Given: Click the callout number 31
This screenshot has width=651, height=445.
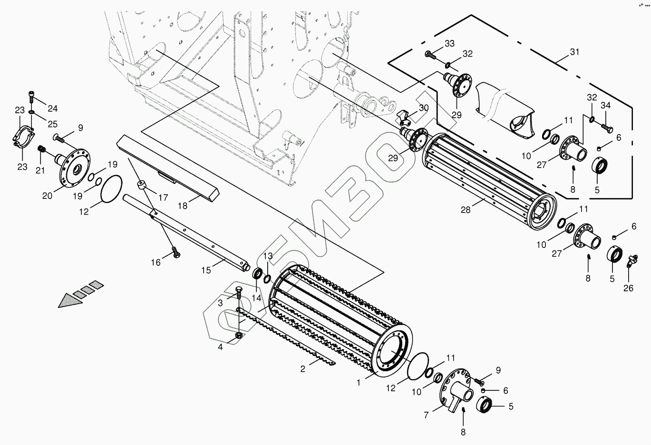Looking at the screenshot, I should coord(575,52).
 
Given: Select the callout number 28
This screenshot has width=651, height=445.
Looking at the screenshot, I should coord(466,209).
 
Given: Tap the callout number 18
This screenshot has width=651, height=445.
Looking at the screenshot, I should coord(183,206).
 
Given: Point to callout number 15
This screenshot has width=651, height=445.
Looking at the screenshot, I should coord(205,270).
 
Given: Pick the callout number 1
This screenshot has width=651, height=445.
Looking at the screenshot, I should coord(359,381).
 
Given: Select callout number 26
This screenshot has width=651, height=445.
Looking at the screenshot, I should coord(628,288).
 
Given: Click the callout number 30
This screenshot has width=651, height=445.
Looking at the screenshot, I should coord(423,108).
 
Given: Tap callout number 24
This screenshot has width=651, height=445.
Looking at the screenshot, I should coord(52,107).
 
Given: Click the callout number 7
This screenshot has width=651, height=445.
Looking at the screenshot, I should coord(426,415).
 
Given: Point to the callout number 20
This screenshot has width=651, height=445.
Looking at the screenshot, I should coord(48,195).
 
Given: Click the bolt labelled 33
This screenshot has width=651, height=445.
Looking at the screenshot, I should coord(431,55).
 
